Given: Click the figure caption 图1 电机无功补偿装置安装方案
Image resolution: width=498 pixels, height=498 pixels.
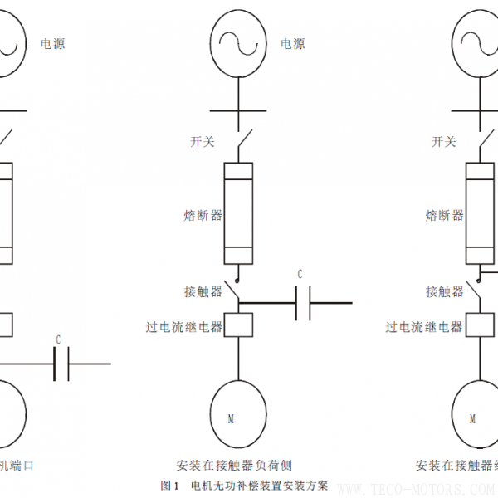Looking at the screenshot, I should [244, 485].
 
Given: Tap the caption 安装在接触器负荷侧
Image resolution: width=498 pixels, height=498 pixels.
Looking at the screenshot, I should [234, 466].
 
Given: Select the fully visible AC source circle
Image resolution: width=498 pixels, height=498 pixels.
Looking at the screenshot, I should [238, 43].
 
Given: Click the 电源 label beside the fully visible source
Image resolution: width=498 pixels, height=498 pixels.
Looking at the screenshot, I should [293, 44].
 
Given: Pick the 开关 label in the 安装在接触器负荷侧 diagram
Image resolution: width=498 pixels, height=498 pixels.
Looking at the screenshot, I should [203, 142].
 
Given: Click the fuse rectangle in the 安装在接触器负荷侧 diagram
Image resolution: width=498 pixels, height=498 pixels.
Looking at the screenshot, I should [238, 214].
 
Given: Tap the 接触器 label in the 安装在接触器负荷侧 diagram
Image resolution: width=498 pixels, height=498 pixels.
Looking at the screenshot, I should [203, 291].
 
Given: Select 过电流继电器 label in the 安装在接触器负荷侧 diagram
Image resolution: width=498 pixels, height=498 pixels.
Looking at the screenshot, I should [184, 327].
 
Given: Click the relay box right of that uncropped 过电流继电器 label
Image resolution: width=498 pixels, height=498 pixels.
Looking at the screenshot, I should [238, 325].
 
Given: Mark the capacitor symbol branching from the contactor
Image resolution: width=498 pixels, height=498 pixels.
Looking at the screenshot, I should [302, 305].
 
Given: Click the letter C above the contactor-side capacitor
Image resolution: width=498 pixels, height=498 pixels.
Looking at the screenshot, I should [300, 274].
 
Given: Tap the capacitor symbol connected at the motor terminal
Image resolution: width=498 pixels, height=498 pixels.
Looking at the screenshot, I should [61, 364].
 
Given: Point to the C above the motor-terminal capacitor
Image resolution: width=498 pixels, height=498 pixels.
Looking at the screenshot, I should [58, 339].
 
